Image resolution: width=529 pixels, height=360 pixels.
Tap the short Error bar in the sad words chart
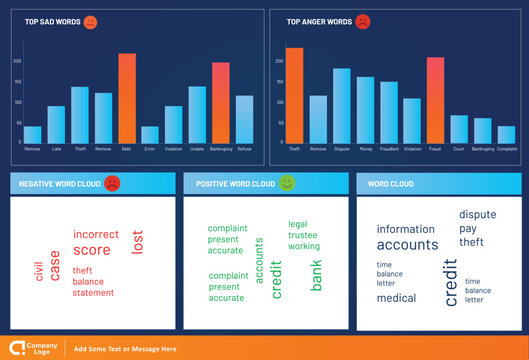pos(150,134)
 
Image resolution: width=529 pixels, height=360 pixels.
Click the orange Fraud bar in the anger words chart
pos(435,100)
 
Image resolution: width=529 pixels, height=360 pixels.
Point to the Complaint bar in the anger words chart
pos(506,134)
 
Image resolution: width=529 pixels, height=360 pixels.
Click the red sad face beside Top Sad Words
pos(91,21)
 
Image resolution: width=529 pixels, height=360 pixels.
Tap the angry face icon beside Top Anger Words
pos(362,21)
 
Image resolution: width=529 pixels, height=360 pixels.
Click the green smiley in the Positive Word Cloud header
pos(287,183)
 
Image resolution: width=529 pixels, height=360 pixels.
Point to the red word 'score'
pos(92,250)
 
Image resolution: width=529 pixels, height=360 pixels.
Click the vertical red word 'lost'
pos(138,241)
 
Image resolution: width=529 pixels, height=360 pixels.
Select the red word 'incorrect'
pos(96,234)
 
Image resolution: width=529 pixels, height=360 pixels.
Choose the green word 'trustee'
pos(304,235)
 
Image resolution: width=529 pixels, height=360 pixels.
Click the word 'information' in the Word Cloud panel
pos(405,229)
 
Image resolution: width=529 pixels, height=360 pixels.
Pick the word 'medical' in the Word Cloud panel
pos(396,298)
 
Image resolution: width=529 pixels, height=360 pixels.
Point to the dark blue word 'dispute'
pos(477,214)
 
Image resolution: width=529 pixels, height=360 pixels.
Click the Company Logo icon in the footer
pos(17,348)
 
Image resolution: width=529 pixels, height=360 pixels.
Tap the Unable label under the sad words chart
pos(197,148)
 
